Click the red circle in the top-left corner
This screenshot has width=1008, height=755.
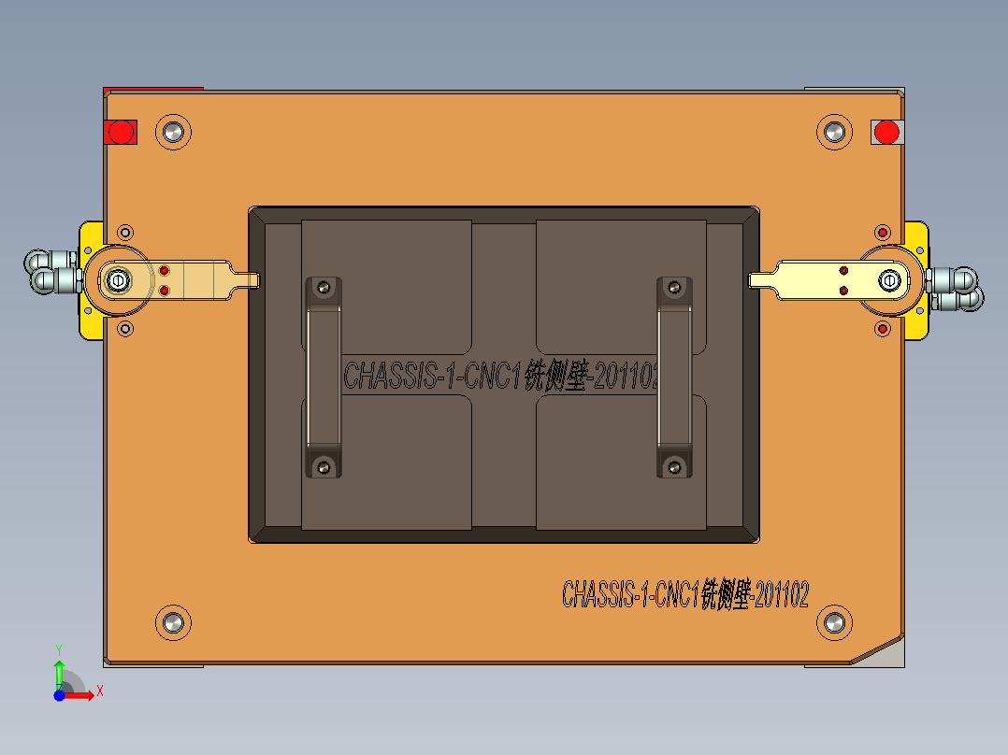pyautogui.click(x=120, y=132)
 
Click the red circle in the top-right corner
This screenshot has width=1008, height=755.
pyautogui.click(x=886, y=132)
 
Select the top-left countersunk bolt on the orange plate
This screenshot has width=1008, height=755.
pyautogui.click(x=172, y=132)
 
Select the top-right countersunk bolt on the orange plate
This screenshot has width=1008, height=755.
pyautogui.click(x=833, y=132)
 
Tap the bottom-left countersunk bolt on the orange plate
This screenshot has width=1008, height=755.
pyautogui.click(x=172, y=621)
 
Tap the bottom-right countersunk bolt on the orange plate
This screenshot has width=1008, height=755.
pyautogui.click(x=833, y=621)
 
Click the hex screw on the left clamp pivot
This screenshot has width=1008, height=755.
pyautogui.click(x=118, y=279)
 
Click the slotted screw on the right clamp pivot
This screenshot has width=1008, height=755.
pyautogui.click(x=889, y=279)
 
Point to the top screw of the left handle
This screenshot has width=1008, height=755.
pyautogui.click(x=324, y=288)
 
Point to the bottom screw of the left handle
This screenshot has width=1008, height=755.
pyautogui.click(x=324, y=465)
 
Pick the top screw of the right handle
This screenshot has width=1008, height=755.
pyautogui.click(x=673, y=288)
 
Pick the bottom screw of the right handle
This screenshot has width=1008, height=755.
pyautogui.click(x=673, y=465)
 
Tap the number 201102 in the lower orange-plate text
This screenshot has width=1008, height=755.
pyautogui.click(x=781, y=594)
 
